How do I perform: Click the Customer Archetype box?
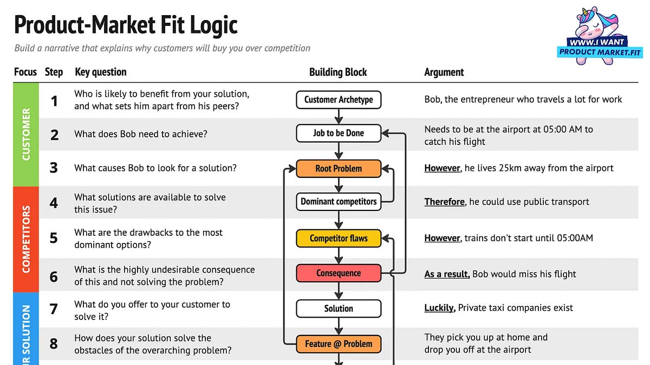click(x=339, y=99)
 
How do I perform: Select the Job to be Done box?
click(x=339, y=133)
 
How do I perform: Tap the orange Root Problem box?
click(x=339, y=168)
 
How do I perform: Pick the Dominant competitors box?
click(x=339, y=202)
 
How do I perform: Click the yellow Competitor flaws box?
click(x=339, y=238)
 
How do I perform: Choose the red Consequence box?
click(x=339, y=273)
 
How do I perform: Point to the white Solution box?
click(x=339, y=308)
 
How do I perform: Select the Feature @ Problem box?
click(x=339, y=344)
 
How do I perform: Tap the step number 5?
click(x=54, y=238)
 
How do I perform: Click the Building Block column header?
click(x=338, y=72)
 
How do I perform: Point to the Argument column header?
click(x=444, y=72)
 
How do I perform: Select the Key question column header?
click(x=100, y=72)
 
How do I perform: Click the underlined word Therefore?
click(x=444, y=202)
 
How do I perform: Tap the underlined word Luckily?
click(x=439, y=308)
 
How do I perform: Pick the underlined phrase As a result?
click(x=447, y=274)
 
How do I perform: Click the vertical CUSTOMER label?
click(x=26, y=135)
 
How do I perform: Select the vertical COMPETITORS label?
click(x=26, y=238)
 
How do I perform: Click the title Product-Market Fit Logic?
click(x=126, y=25)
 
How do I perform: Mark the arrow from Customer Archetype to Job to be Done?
click(x=339, y=116)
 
